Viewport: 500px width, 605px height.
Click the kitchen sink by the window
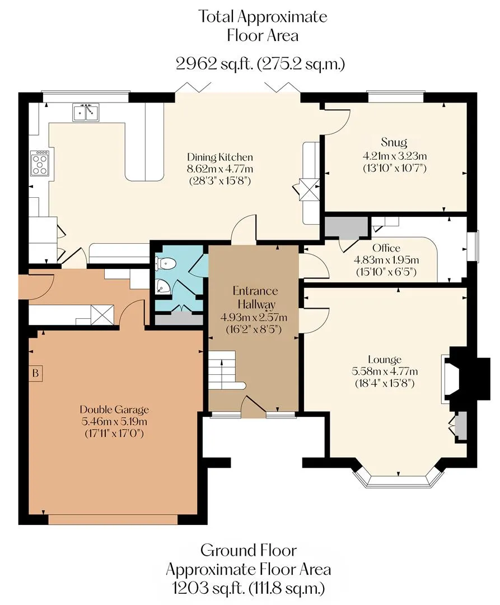coord(86,112)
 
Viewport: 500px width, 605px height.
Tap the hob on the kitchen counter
coord(40,163)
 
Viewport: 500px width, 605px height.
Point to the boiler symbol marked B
coord(35,374)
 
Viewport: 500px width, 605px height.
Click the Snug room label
coord(394,142)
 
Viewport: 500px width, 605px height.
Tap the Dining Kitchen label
coord(219,157)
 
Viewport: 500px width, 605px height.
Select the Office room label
coord(386,248)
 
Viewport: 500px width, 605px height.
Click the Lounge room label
coord(385,360)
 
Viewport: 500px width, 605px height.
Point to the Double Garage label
coord(114,409)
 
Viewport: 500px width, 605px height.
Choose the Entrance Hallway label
coord(255,297)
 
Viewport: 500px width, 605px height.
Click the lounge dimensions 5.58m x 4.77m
coord(385,371)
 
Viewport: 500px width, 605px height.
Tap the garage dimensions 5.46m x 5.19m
coord(114,421)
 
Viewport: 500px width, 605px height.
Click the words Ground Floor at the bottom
coord(249,550)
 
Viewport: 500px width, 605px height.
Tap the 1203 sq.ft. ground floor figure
coord(208,588)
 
